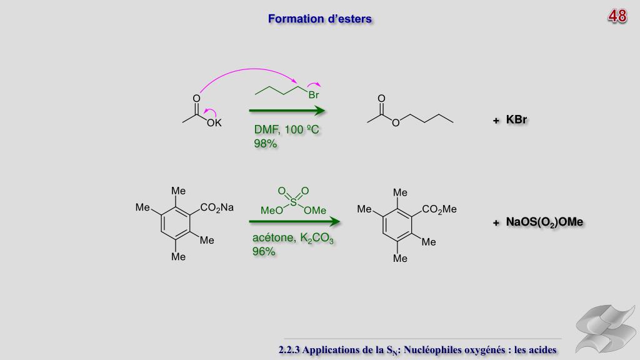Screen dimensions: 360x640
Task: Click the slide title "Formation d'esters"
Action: [x=320, y=19]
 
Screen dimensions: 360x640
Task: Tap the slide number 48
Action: [x=617, y=16]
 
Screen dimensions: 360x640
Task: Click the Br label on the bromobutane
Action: [x=313, y=96]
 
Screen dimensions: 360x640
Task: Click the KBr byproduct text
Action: [x=516, y=120]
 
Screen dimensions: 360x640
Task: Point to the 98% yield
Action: [x=265, y=144]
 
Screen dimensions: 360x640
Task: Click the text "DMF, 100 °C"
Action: [x=287, y=130]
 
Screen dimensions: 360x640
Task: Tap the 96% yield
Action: [x=264, y=251]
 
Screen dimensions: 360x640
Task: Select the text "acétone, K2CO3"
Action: [x=293, y=238]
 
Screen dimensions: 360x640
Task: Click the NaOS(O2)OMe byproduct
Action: [x=544, y=222]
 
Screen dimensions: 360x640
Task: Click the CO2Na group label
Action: [x=216, y=208]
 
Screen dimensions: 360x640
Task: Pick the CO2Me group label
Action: [x=439, y=210]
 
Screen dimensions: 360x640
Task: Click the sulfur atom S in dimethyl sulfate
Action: [x=294, y=201]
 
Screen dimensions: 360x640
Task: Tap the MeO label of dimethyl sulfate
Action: [x=271, y=211]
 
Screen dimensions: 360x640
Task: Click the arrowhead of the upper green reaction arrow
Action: [x=321, y=111]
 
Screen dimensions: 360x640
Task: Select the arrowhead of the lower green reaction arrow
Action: [x=335, y=221]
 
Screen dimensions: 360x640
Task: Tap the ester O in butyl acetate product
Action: [x=395, y=123]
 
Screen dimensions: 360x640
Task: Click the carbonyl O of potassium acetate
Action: [x=196, y=99]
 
